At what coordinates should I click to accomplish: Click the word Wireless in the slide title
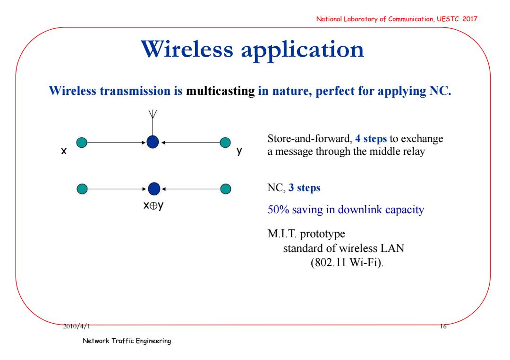point(187,50)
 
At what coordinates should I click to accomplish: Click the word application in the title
point(302,51)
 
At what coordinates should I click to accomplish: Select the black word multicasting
point(220,91)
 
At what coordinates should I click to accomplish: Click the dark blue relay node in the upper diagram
point(153,142)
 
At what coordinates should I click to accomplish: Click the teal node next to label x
point(82,142)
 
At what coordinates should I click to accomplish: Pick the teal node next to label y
point(225,142)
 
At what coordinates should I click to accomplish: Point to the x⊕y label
point(153,205)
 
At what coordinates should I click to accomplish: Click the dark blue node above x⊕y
point(154,189)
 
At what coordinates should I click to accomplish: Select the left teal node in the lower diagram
point(82,189)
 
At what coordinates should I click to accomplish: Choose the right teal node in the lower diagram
point(225,189)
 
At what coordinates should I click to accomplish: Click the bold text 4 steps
point(371,139)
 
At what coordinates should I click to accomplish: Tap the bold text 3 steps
point(304,188)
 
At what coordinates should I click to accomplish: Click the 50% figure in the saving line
point(278,209)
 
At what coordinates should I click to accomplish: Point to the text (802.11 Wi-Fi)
point(347,262)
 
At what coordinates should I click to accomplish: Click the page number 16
point(443,326)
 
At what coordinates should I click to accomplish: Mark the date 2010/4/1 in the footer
point(76,326)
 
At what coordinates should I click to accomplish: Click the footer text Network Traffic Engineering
point(127,341)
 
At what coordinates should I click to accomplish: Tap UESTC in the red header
point(448,19)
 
